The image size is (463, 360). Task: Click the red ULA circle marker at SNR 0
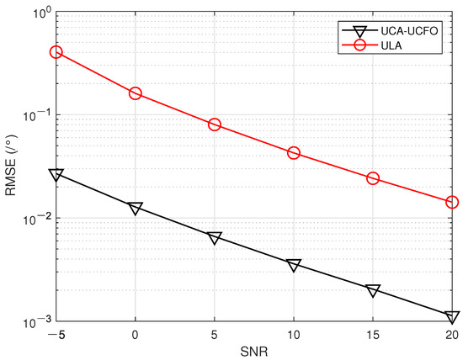pos(136,93)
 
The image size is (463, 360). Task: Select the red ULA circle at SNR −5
pos(56,52)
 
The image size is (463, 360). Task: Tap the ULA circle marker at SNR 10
pos(294,153)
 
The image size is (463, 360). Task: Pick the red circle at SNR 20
pos(452,202)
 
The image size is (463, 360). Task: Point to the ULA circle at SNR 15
pos(373,178)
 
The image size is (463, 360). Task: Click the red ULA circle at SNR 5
pos(215,124)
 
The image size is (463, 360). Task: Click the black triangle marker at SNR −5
pos(56,175)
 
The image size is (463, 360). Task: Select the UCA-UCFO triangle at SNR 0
pos(136,208)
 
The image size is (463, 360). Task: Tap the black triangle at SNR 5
pos(215,238)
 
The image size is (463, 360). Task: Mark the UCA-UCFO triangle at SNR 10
pos(294,266)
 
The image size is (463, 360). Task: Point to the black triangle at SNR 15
pos(373,290)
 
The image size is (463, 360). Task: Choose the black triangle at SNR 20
pos(452,317)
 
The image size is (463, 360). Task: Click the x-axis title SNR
pos(254,352)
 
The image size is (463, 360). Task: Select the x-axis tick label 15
pos(373,334)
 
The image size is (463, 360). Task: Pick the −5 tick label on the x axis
pos(56,334)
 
